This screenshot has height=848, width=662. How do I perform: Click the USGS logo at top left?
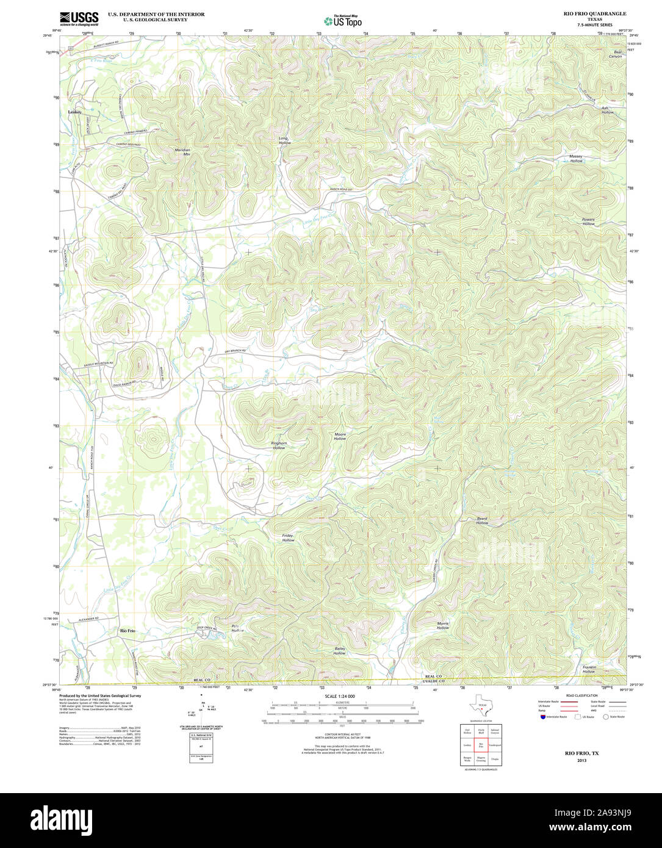point(79,18)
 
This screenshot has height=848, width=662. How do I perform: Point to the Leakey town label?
point(74,112)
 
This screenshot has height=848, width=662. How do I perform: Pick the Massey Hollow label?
point(576,159)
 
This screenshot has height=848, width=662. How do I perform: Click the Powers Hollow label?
point(588,221)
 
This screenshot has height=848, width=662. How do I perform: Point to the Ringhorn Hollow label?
point(279,445)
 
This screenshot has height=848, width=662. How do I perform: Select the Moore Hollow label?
point(340,436)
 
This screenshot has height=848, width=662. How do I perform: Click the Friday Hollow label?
point(288,537)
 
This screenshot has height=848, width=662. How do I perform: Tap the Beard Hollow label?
point(482,520)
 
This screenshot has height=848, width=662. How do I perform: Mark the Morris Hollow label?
point(443,625)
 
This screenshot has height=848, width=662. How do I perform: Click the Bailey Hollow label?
point(339,650)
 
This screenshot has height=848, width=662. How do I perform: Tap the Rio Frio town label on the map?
point(128,630)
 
